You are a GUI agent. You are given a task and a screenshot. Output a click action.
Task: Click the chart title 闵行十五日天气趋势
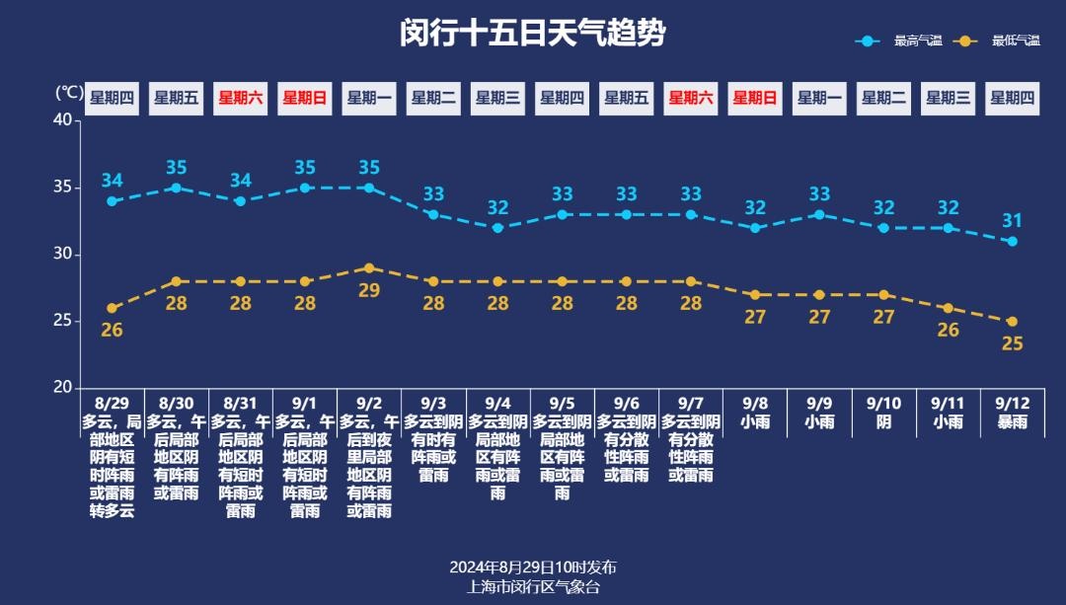[533, 34]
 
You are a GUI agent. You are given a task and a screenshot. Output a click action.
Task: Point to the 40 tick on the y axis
[62, 120]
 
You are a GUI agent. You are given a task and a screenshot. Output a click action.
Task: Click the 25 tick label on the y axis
[62, 322]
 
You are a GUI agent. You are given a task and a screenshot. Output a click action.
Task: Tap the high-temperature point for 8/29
[112, 201]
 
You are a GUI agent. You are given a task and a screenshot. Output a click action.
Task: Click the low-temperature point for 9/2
[369, 267]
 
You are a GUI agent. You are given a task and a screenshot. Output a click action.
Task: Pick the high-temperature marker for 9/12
[1012, 241]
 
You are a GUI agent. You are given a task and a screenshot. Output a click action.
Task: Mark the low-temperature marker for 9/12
[1012, 322]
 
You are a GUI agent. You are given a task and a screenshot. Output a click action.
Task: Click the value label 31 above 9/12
[1012, 221]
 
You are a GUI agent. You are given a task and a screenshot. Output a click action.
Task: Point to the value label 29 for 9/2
[369, 290]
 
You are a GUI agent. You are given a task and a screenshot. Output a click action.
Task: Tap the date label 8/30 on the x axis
[176, 404]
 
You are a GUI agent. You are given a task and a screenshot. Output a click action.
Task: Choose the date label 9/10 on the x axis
[883, 404]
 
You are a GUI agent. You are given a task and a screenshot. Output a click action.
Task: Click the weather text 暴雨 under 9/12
[1012, 422]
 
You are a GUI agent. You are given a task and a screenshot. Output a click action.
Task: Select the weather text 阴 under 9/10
[883, 422]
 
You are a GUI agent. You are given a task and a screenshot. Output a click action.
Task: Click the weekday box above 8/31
[240, 98]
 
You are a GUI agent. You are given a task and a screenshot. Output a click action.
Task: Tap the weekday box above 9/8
[755, 98]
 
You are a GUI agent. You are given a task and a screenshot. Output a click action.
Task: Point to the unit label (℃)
[68, 93]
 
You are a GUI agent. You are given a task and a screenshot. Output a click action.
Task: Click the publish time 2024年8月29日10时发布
[533, 567]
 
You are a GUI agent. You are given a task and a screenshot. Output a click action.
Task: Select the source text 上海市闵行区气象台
[533, 586]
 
